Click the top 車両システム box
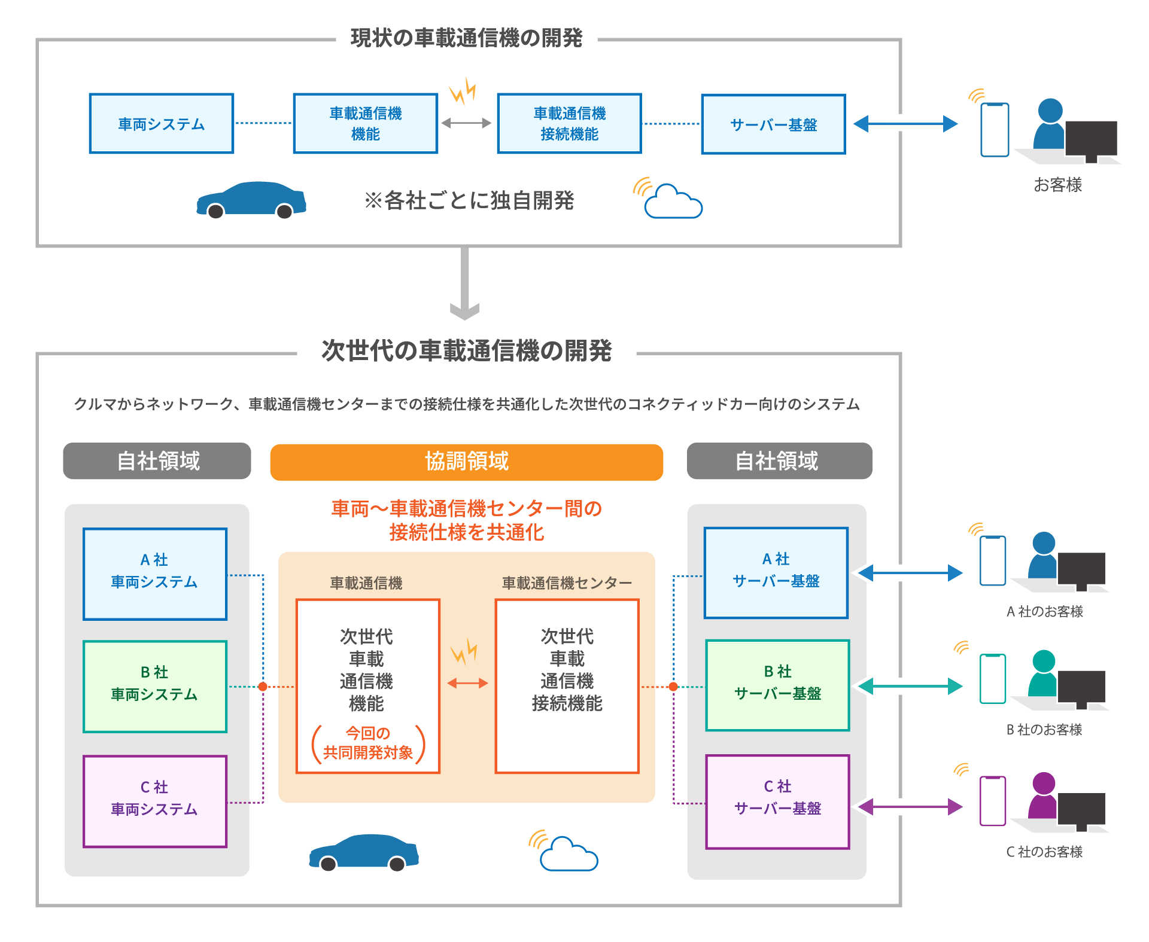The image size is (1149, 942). pyautogui.click(x=161, y=124)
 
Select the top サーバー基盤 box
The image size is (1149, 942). pyautogui.click(x=773, y=124)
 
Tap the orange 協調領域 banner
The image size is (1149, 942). pyautogui.click(x=466, y=462)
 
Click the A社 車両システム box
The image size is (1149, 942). pyautogui.click(x=155, y=574)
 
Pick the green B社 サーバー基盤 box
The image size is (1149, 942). pyautogui.click(x=777, y=685)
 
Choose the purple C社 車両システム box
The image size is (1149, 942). pyautogui.click(x=155, y=801)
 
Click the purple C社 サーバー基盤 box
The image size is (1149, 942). pyautogui.click(x=777, y=801)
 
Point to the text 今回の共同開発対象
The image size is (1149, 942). pyautogui.click(x=368, y=743)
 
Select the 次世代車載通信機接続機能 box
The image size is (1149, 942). pyautogui.click(x=567, y=685)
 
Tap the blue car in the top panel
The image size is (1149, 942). pyautogui.click(x=251, y=200)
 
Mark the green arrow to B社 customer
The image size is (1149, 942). pyautogui.click(x=910, y=686)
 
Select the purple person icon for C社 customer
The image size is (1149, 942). pyautogui.click(x=1043, y=795)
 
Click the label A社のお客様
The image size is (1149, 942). pyautogui.click(x=1044, y=611)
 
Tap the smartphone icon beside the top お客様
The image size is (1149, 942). pyautogui.click(x=995, y=130)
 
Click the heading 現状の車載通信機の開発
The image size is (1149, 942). pyautogui.click(x=466, y=38)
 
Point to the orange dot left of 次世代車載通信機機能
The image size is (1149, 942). pyautogui.click(x=263, y=687)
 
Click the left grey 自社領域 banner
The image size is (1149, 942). pyautogui.click(x=157, y=461)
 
